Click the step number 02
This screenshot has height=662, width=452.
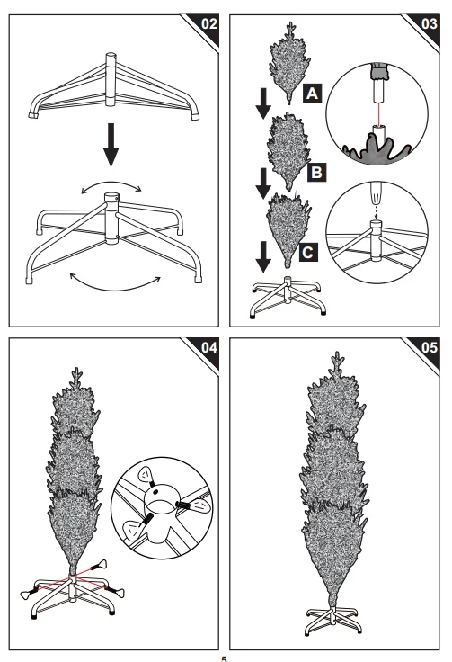pyautogui.click(x=209, y=23)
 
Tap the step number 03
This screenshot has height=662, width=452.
pyautogui.click(x=430, y=23)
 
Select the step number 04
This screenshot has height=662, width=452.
pyautogui.click(x=209, y=347)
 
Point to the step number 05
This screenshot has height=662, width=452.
pyautogui.click(x=430, y=347)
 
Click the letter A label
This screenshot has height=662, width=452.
pyautogui.click(x=313, y=93)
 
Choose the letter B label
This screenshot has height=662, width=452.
pyautogui.click(x=316, y=173)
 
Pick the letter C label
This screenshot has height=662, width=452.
pyautogui.click(x=308, y=253)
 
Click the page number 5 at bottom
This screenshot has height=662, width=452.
pyautogui.click(x=224, y=658)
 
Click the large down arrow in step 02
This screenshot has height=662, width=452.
pyautogui.click(x=111, y=145)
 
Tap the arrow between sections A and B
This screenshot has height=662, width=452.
pyautogui.click(x=263, y=103)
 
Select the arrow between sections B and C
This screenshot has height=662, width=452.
pyautogui.click(x=263, y=183)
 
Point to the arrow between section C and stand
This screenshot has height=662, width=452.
pyautogui.click(x=263, y=256)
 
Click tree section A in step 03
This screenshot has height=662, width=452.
pyautogui.click(x=289, y=63)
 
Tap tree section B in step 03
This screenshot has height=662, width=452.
pyautogui.click(x=289, y=151)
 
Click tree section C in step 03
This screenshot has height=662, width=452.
pyautogui.click(x=288, y=230)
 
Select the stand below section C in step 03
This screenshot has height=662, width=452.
pyautogui.click(x=288, y=297)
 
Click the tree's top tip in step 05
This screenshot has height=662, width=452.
pyautogui.click(x=336, y=352)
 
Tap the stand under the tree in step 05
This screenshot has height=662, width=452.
pyautogui.click(x=333, y=621)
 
